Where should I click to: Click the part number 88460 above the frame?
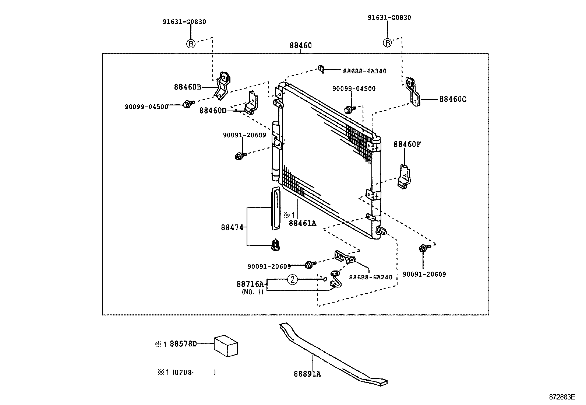(300, 46)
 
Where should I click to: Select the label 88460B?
(188, 87)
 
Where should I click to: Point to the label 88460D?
(213, 110)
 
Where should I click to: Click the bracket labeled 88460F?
(405, 176)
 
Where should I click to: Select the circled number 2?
(292, 280)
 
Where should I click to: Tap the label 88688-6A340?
(364, 71)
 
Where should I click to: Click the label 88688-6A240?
(371, 277)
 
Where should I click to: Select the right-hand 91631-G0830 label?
(389, 18)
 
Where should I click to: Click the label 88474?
(232, 228)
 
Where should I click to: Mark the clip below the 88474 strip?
(275, 245)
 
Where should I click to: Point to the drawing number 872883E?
(562, 397)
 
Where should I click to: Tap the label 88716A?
(250, 284)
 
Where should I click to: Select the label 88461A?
(302, 223)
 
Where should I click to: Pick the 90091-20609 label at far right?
(424, 274)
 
